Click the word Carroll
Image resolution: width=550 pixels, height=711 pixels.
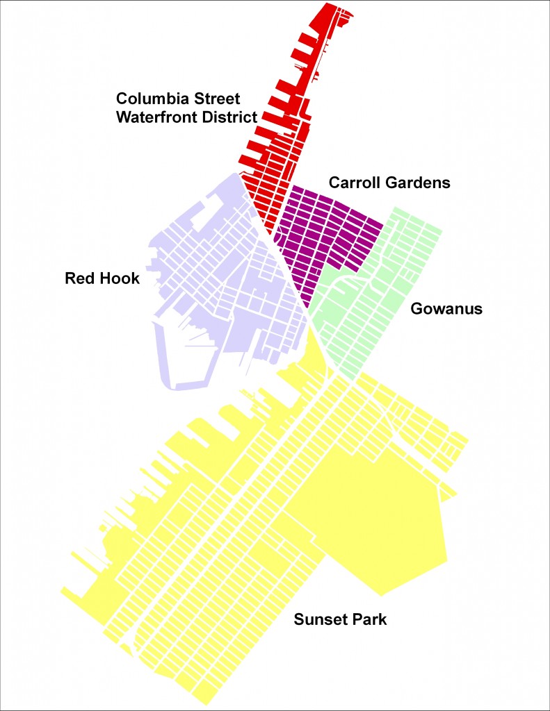tap(354, 183)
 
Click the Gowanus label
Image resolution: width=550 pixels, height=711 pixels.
tap(446, 309)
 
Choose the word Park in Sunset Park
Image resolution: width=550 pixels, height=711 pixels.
tap(366, 619)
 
